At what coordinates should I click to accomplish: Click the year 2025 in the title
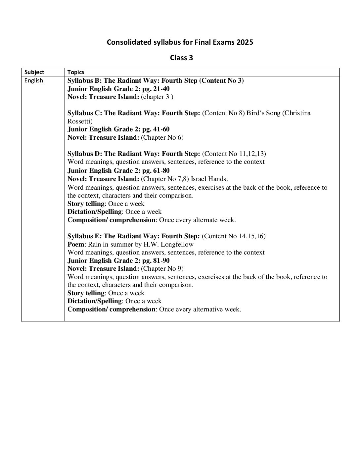(x=245, y=42)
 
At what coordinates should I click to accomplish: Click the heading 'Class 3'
(x=181, y=58)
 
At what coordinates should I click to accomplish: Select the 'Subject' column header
(x=34, y=72)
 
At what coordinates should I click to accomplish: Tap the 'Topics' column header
(x=76, y=72)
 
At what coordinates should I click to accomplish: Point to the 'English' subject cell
(x=33, y=80)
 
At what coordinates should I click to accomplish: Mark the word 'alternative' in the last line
(x=207, y=309)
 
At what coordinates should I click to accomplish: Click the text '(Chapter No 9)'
(x=162, y=268)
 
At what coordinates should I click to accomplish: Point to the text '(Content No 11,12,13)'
(x=234, y=154)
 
